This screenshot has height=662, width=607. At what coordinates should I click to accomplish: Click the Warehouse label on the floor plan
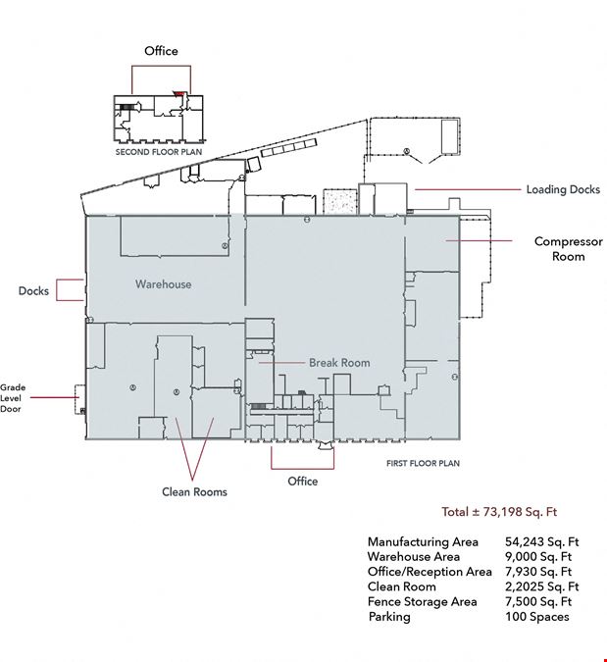click(164, 284)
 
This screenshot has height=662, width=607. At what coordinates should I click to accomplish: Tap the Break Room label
click(339, 363)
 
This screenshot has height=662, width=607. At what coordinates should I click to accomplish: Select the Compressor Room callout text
click(568, 249)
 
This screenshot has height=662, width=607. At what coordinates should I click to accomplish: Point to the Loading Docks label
click(563, 189)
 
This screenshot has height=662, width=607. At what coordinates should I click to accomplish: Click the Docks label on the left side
click(33, 291)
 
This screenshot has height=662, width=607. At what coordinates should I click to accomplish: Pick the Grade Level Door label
click(13, 398)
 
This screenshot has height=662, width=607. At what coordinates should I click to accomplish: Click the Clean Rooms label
click(194, 492)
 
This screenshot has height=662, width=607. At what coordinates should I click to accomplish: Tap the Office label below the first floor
click(303, 482)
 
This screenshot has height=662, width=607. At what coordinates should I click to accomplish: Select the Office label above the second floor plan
click(161, 51)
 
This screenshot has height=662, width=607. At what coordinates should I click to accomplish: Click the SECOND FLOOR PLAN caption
click(159, 152)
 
